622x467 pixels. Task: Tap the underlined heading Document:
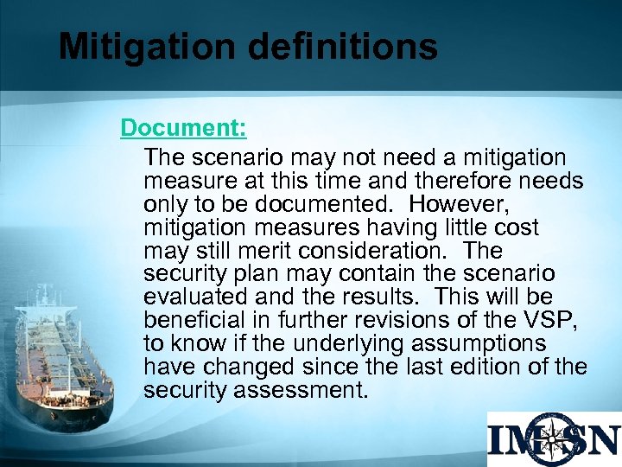pos(183,128)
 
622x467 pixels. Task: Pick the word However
pos(457,205)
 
